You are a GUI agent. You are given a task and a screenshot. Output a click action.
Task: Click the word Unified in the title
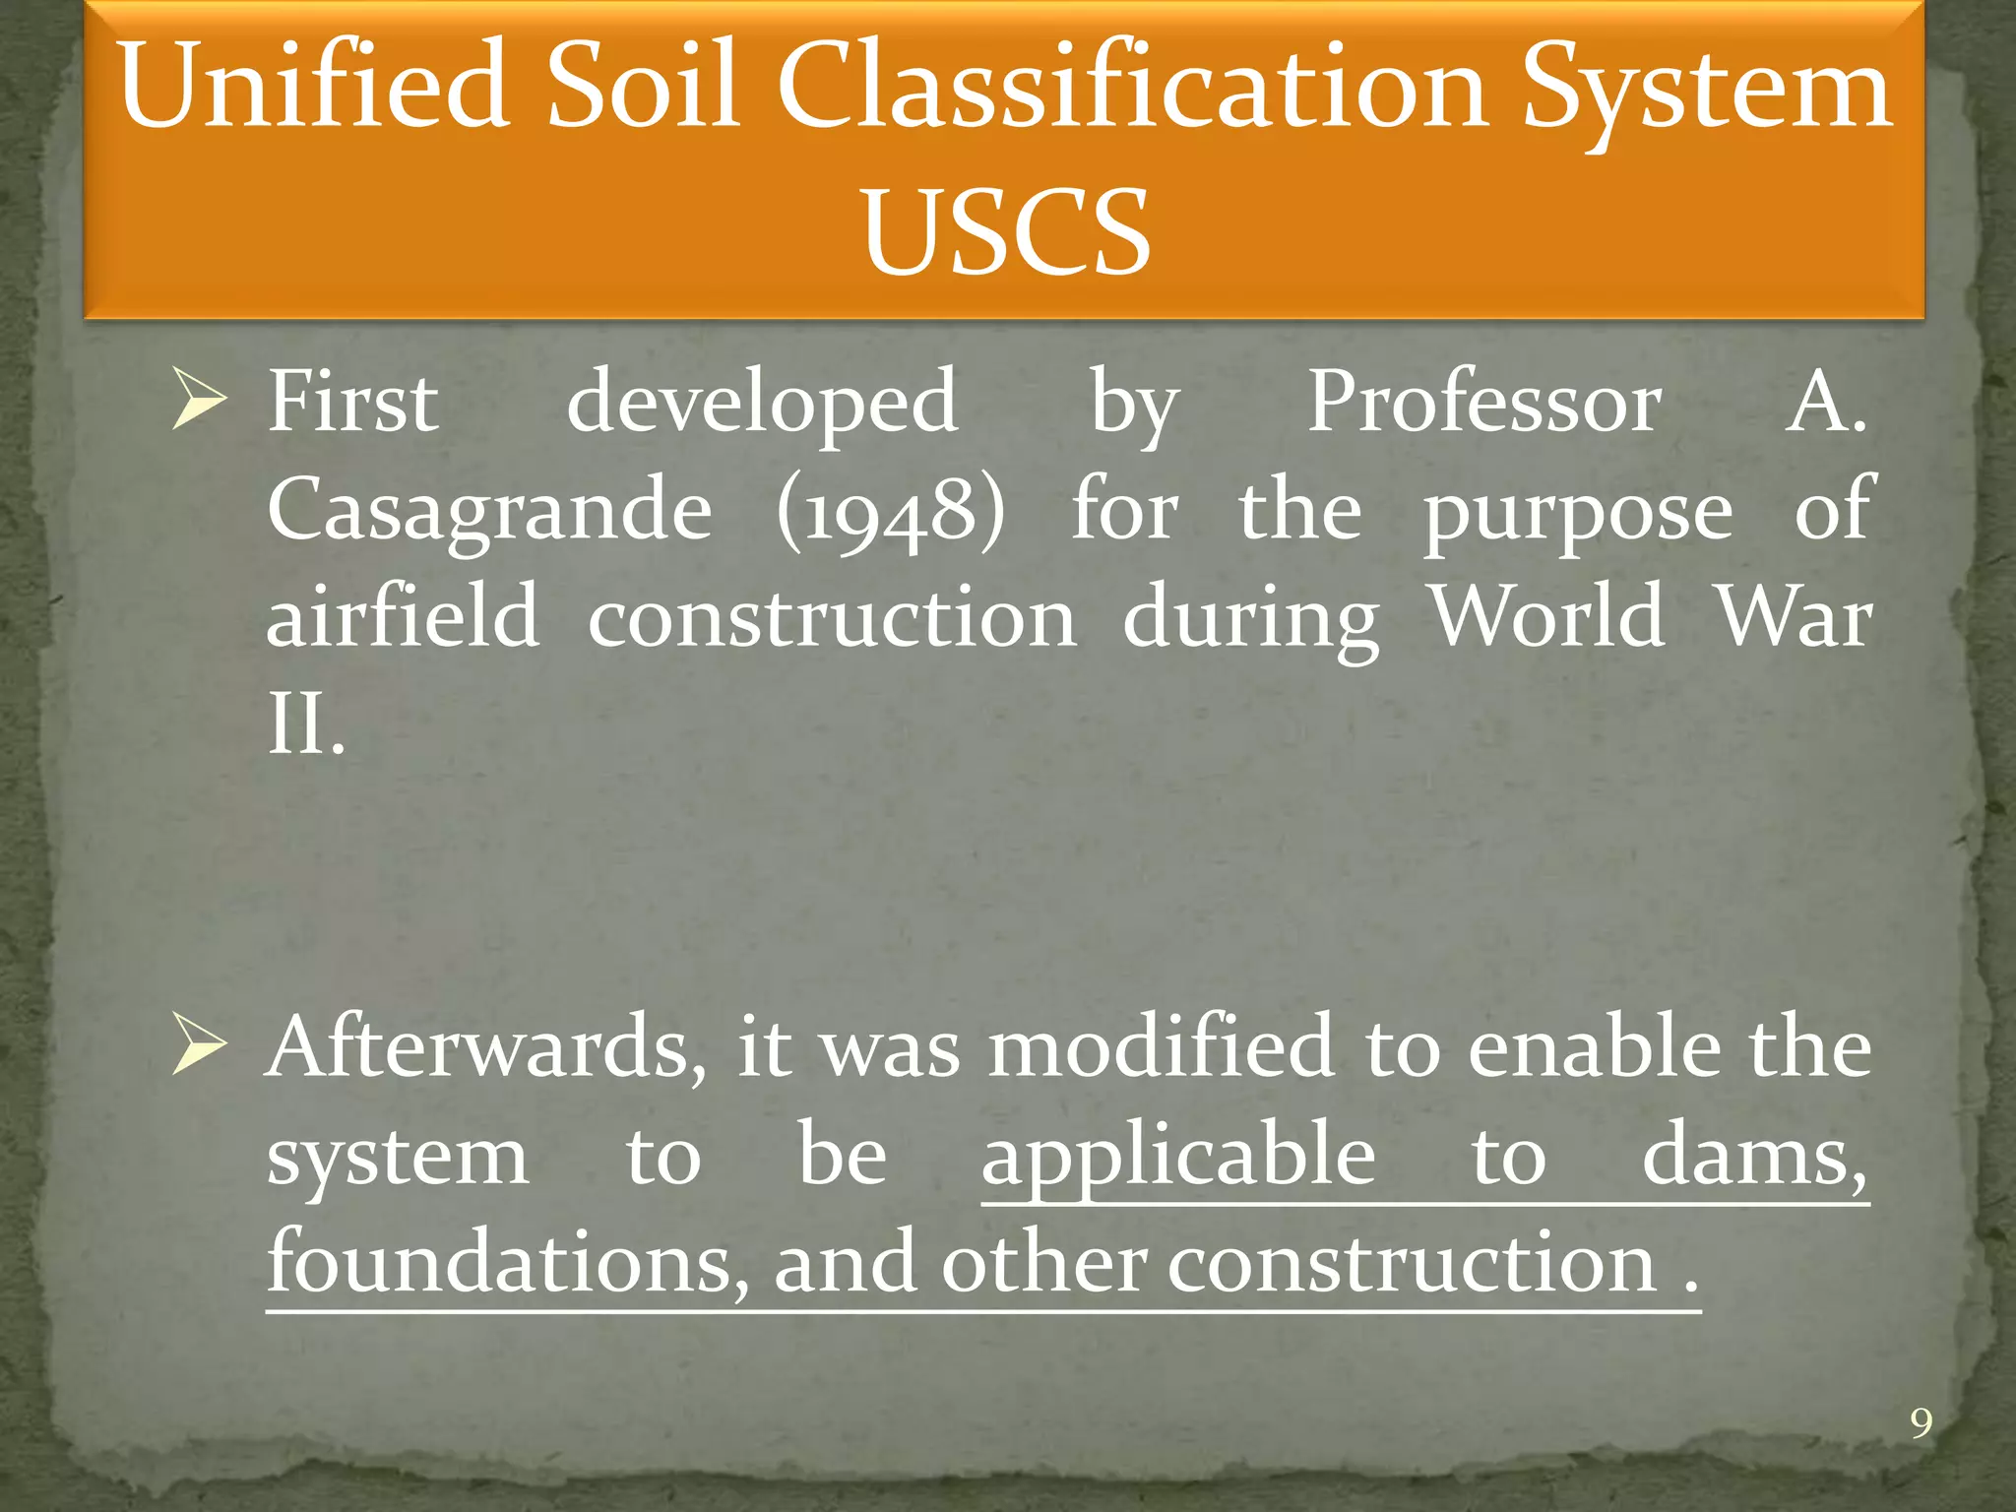click(x=313, y=87)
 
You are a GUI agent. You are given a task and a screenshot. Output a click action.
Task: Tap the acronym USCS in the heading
click(x=1005, y=232)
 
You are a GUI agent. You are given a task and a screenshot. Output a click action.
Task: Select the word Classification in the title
click(x=1132, y=87)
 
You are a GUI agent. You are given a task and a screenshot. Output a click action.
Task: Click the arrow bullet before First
click(x=199, y=400)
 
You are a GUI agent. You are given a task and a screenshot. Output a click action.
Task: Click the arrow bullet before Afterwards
click(x=199, y=1045)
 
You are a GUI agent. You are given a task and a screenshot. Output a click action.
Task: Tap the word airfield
click(x=403, y=618)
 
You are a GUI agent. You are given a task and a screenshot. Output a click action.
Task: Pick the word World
click(x=1546, y=618)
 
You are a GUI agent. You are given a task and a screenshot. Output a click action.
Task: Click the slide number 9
click(x=1921, y=1424)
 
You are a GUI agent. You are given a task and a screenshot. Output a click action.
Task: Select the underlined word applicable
click(x=1178, y=1158)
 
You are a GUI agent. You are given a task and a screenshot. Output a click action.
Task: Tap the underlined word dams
click(x=1753, y=1158)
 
